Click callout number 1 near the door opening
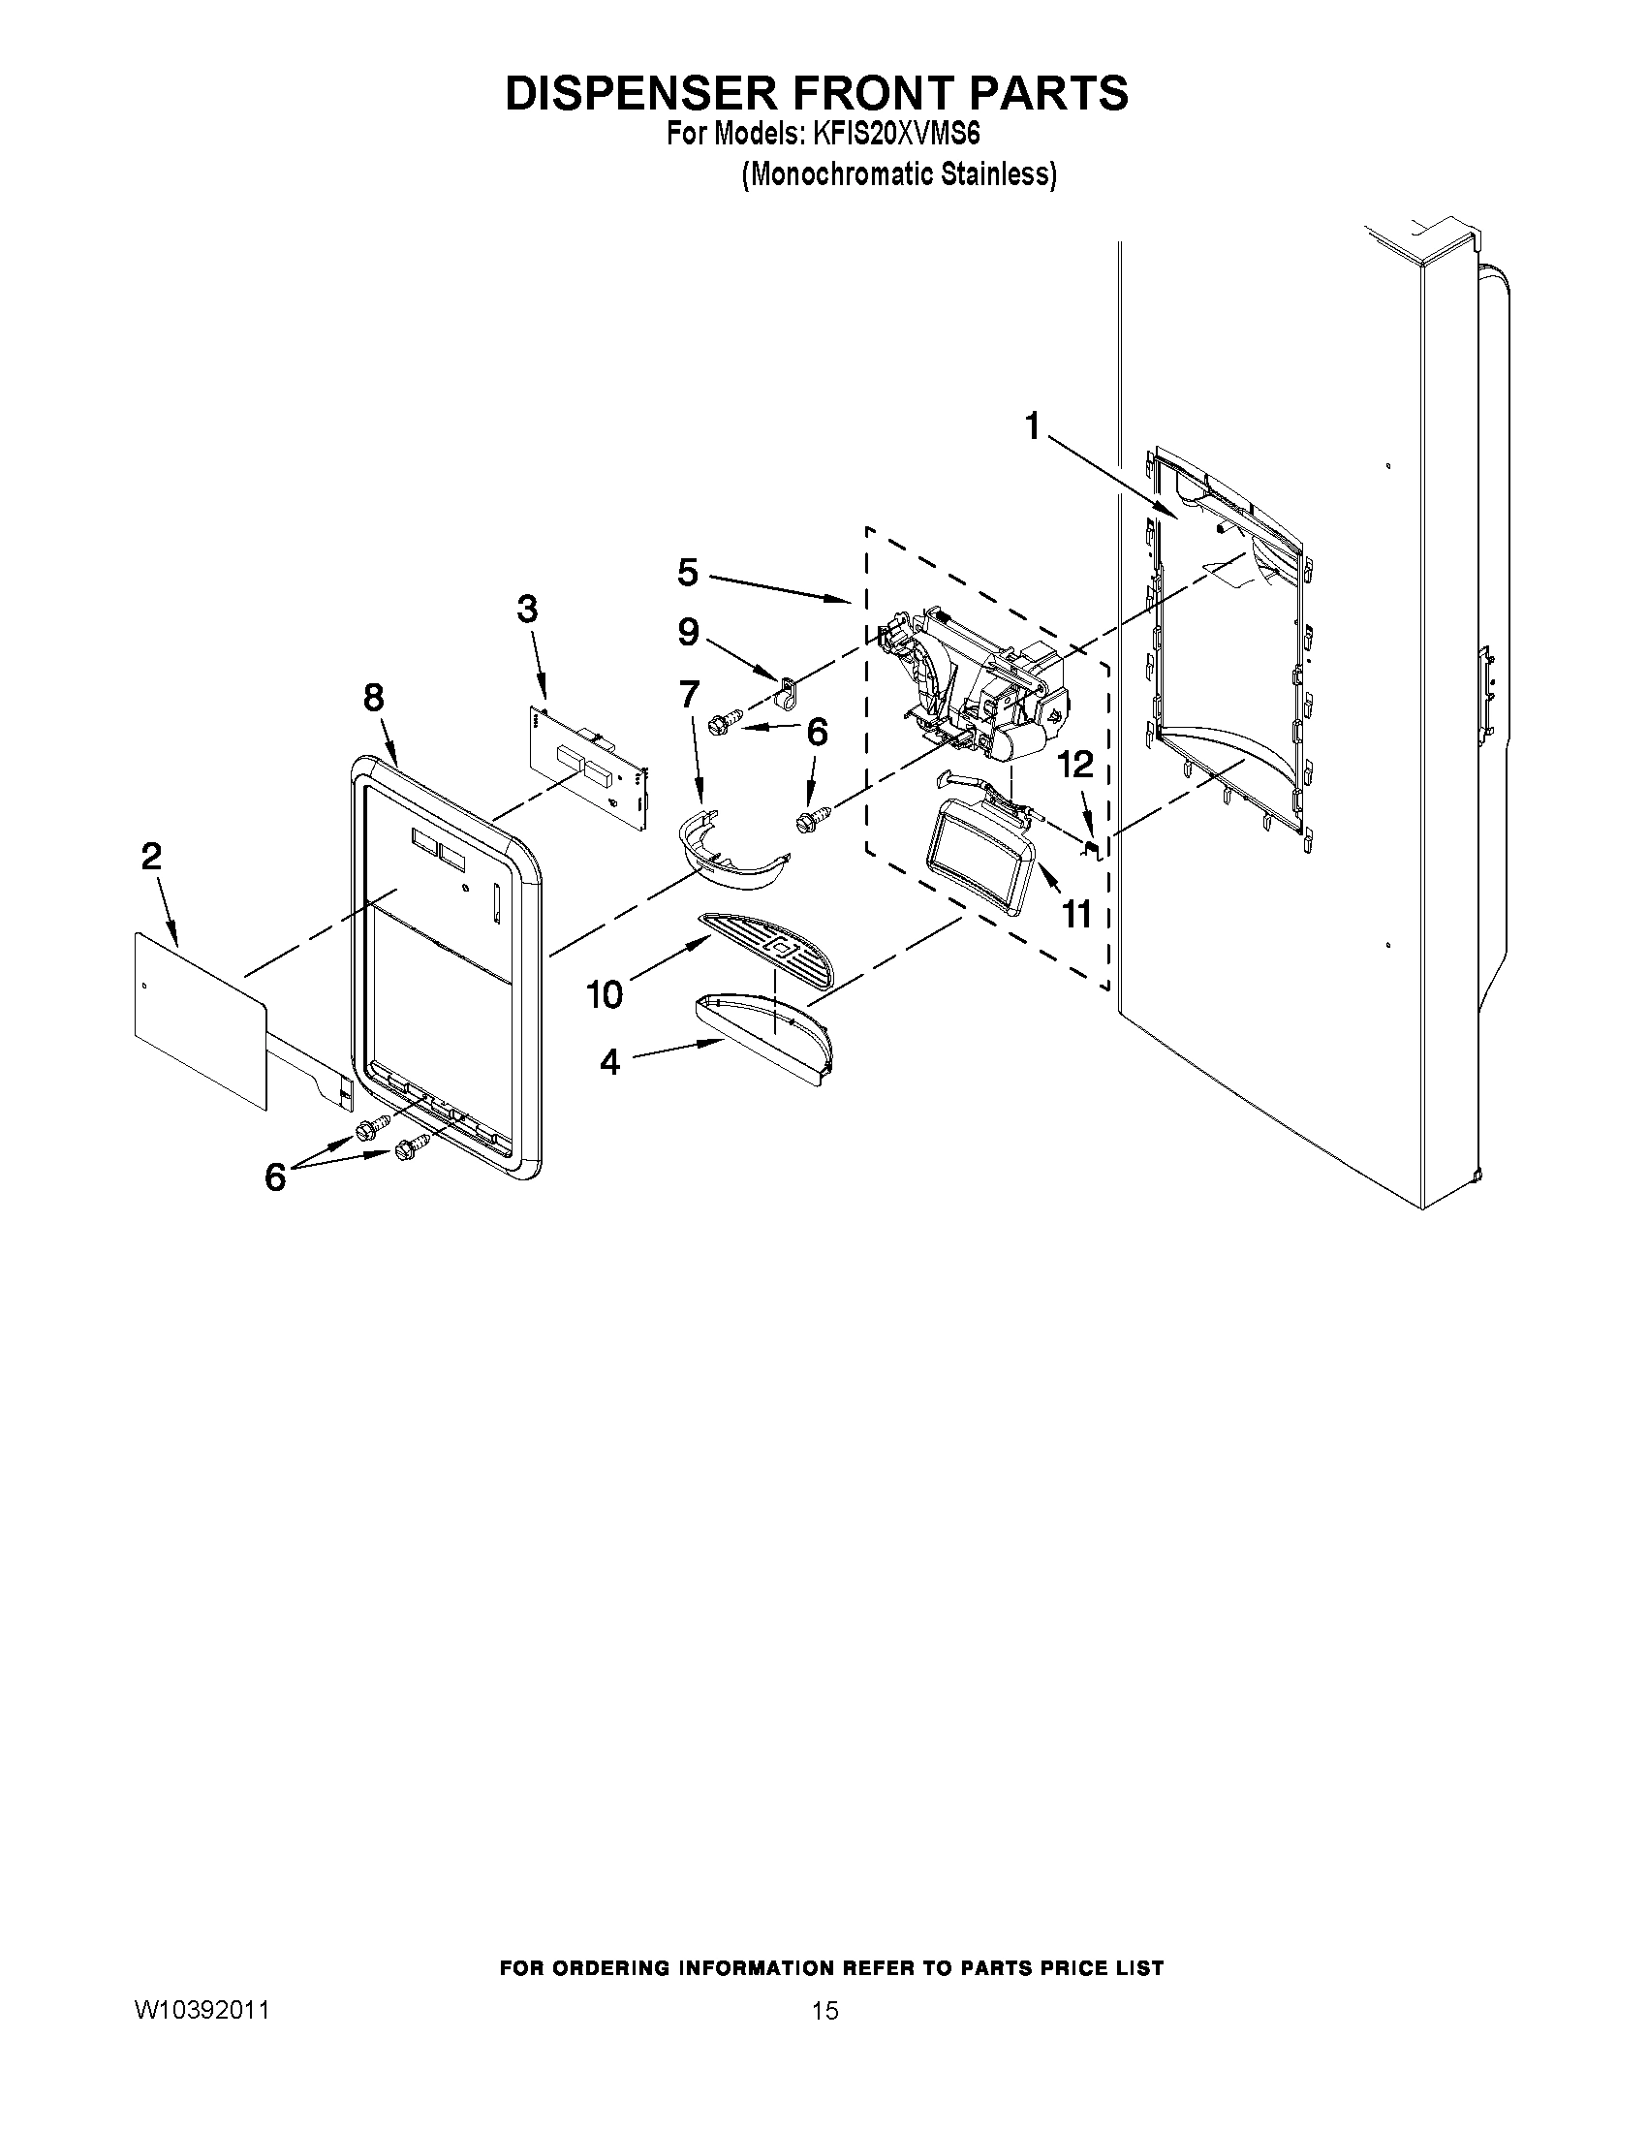click(x=1032, y=426)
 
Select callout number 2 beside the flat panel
click(x=151, y=857)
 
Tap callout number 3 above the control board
click(x=526, y=610)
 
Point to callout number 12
click(x=1075, y=765)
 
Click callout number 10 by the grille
click(x=605, y=994)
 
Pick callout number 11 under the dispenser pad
click(x=1075, y=915)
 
